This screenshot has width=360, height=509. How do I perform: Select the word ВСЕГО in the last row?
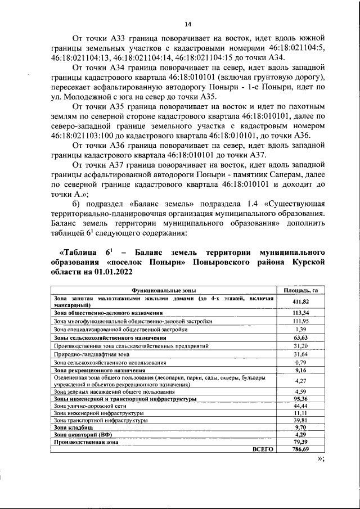(263, 449)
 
